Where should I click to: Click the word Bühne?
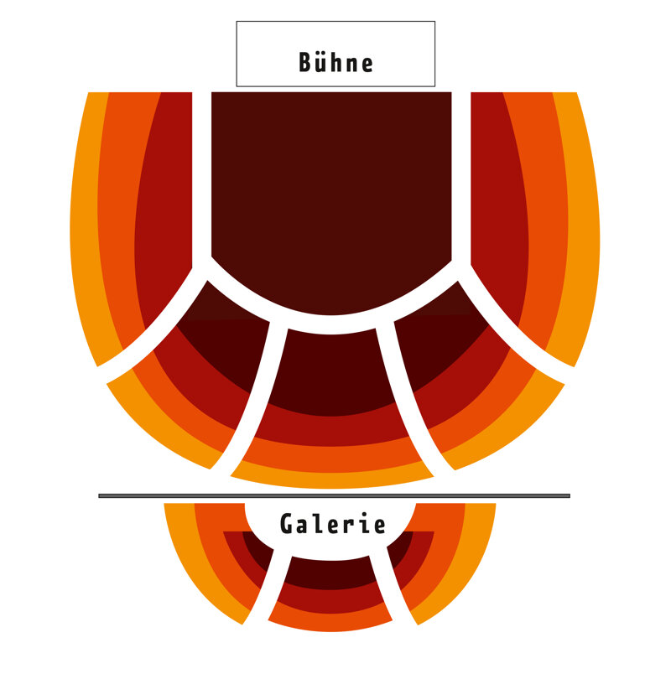(x=335, y=62)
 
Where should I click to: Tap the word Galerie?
(x=333, y=524)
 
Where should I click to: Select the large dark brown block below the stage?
(x=331, y=194)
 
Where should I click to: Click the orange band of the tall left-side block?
(x=116, y=216)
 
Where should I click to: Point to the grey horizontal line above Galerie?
(x=334, y=495)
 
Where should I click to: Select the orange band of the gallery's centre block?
(x=330, y=620)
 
